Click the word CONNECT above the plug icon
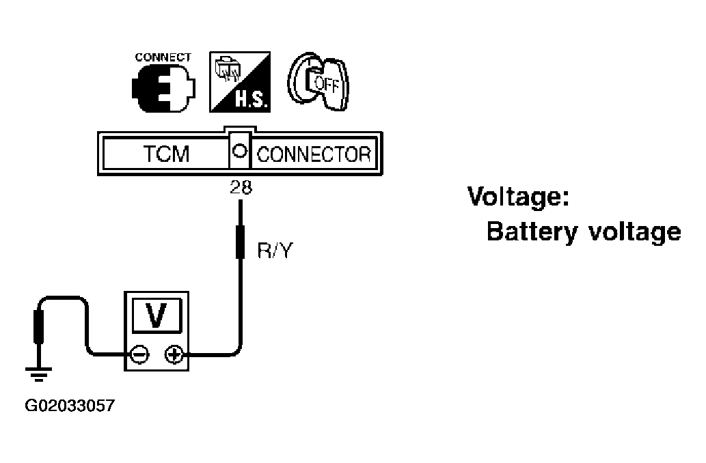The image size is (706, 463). [163, 57]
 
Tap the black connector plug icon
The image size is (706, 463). [163, 88]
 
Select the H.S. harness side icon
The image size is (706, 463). [240, 82]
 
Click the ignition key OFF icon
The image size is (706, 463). [318, 81]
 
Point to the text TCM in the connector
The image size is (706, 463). [166, 154]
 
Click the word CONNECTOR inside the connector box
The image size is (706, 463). [314, 154]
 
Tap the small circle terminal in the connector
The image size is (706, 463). [239, 151]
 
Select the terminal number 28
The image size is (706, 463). [241, 187]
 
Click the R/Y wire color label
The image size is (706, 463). [275, 250]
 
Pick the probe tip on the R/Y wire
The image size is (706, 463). [241, 242]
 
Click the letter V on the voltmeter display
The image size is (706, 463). [157, 315]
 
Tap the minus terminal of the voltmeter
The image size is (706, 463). [139, 354]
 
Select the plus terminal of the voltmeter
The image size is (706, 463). [174, 354]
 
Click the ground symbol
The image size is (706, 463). [39, 374]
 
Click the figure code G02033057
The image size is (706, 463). [70, 406]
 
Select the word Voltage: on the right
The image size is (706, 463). [518, 197]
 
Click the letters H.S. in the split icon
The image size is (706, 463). [252, 100]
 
